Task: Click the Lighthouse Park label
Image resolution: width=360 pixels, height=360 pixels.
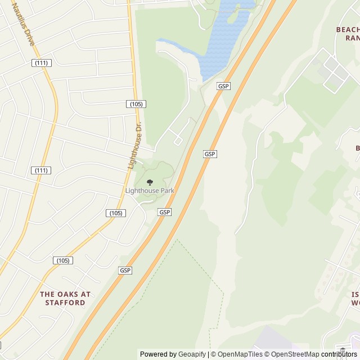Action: pos(150,191)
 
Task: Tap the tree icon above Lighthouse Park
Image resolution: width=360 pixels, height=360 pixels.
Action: pos(150,182)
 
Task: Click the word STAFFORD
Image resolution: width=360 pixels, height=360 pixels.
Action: pos(65,303)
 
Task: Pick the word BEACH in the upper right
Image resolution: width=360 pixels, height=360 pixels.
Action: pos(347,29)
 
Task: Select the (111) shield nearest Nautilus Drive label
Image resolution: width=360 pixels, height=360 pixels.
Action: pos(40,63)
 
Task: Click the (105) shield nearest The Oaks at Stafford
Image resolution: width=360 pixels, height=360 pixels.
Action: pos(63,260)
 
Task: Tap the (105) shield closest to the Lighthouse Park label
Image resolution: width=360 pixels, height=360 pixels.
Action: pos(116,213)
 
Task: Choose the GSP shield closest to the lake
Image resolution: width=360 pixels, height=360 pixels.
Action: pos(223,86)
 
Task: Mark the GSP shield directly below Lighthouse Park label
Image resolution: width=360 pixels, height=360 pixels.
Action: pos(164,212)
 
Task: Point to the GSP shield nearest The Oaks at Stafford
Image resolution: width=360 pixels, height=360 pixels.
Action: pos(125,271)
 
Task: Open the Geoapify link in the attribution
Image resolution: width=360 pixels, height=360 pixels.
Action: pos(193,354)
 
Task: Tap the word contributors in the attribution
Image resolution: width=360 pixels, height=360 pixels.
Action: pos(339,354)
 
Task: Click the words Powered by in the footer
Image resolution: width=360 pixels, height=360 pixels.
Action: pos(158,354)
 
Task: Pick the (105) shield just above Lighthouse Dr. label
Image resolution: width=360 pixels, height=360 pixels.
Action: pos(136,104)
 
